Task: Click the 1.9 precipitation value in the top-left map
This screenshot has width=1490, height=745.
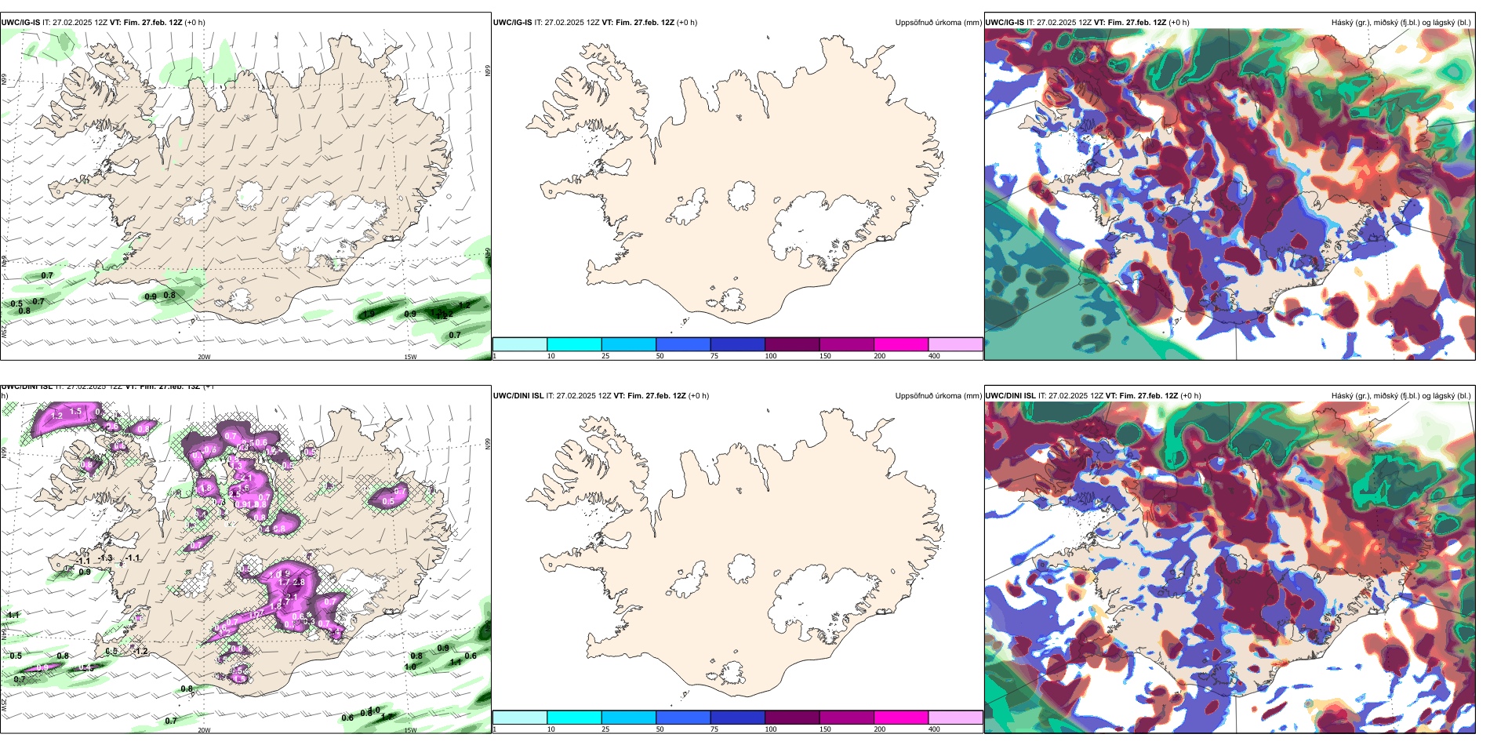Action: click(369, 314)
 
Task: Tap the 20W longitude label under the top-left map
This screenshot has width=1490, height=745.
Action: click(204, 357)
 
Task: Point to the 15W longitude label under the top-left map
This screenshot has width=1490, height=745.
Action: click(410, 357)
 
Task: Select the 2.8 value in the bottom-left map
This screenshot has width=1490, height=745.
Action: click(299, 583)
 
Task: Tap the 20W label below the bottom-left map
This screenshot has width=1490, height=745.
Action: click(204, 730)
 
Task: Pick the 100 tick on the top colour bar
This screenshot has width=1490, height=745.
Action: click(771, 356)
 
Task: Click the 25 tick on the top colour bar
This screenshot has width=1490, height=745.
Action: click(605, 356)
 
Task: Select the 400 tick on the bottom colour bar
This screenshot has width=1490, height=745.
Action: click(934, 729)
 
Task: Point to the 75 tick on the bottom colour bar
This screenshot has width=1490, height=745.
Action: click(714, 729)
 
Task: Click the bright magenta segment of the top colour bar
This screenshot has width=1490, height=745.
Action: click(901, 344)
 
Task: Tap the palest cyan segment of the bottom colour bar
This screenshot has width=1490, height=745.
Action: click(520, 718)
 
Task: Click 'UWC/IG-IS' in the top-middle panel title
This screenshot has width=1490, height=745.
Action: click(512, 23)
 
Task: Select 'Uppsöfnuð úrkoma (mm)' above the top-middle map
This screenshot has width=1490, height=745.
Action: click(938, 23)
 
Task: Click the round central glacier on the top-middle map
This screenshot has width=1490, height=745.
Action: click(742, 195)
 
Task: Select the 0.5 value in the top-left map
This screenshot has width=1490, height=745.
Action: click(16, 304)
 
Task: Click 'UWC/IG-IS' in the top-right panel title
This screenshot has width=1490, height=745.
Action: click(1004, 23)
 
